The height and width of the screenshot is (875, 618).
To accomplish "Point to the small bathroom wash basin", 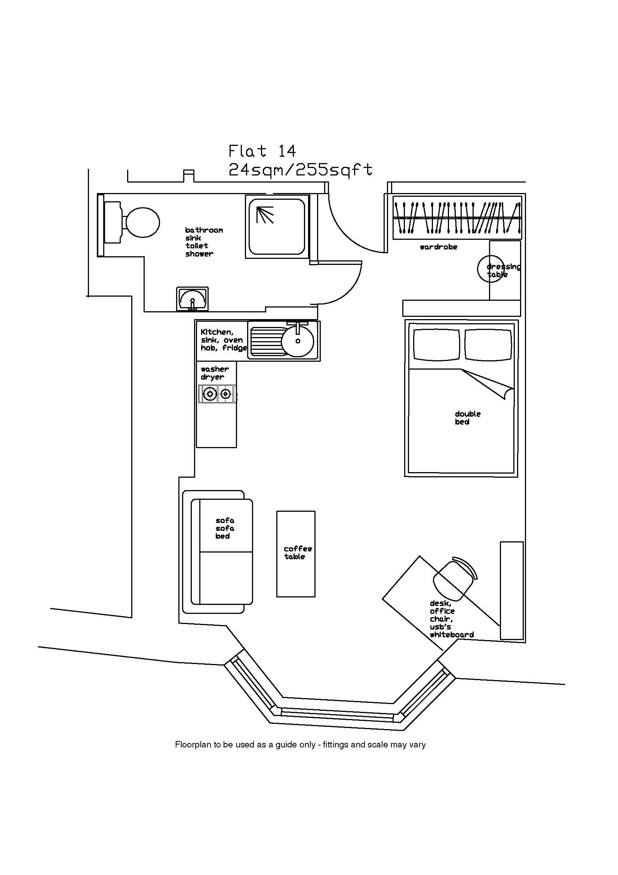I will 192,299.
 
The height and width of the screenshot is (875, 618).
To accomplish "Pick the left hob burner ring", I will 209,394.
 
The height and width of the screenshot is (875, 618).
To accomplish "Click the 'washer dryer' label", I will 214,373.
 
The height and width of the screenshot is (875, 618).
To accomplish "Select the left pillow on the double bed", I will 436,345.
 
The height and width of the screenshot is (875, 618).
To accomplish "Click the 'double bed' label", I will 467,418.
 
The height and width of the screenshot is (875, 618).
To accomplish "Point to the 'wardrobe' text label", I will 438,247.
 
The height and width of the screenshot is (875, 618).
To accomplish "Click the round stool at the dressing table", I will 491,268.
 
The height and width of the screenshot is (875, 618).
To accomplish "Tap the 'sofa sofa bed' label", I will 225,528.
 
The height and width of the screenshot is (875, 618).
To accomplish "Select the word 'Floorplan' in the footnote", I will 192,744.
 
